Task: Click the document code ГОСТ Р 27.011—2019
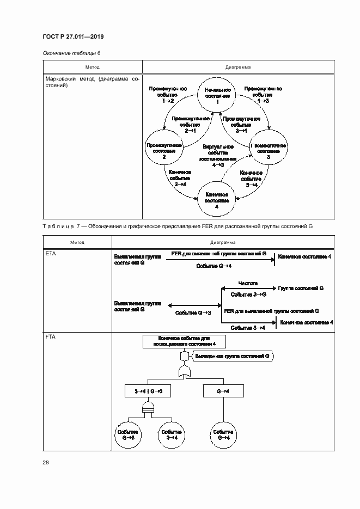(73, 36)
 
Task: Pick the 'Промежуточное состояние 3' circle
(269, 149)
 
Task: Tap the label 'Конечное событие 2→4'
(180, 178)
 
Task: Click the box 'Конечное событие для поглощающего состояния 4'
(184, 341)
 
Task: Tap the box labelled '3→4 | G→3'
(145, 391)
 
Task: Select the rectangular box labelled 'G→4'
(223, 391)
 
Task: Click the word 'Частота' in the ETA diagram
(248, 283)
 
